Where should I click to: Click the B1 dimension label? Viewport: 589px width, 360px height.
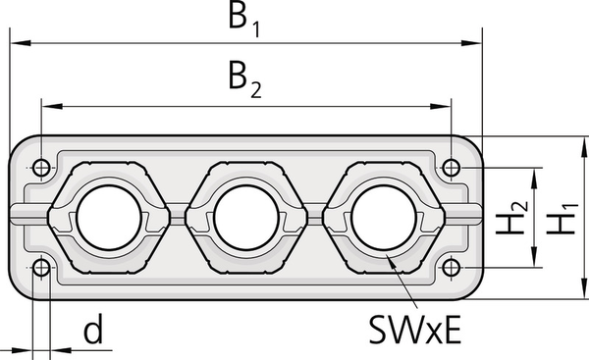(x=244, y=21)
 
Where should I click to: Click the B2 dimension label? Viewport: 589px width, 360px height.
(x=244, y=81)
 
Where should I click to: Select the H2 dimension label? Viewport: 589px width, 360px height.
(x=511, y=218)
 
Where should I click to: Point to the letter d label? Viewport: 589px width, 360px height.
(x=93, y=330)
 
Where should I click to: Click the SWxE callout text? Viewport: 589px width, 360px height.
(x=414, y=330)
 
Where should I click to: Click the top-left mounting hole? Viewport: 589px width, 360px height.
(x=41, y=168)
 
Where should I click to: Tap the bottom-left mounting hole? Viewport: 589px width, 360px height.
(x=41, y=268)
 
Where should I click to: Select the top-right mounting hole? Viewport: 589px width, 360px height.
(x=452, y=168)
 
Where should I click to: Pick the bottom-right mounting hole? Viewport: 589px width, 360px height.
(x=452, y=268)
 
